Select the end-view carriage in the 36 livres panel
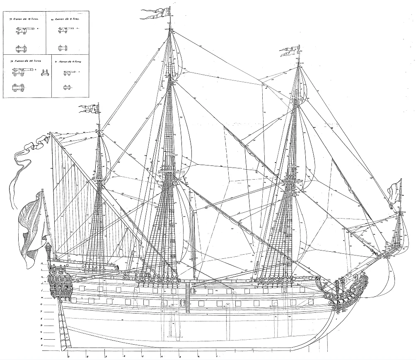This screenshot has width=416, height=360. point(45,75)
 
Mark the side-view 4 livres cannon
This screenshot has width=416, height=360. point(69,73)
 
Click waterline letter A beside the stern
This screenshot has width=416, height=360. point(41,345)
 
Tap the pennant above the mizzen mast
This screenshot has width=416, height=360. point(88,109)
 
